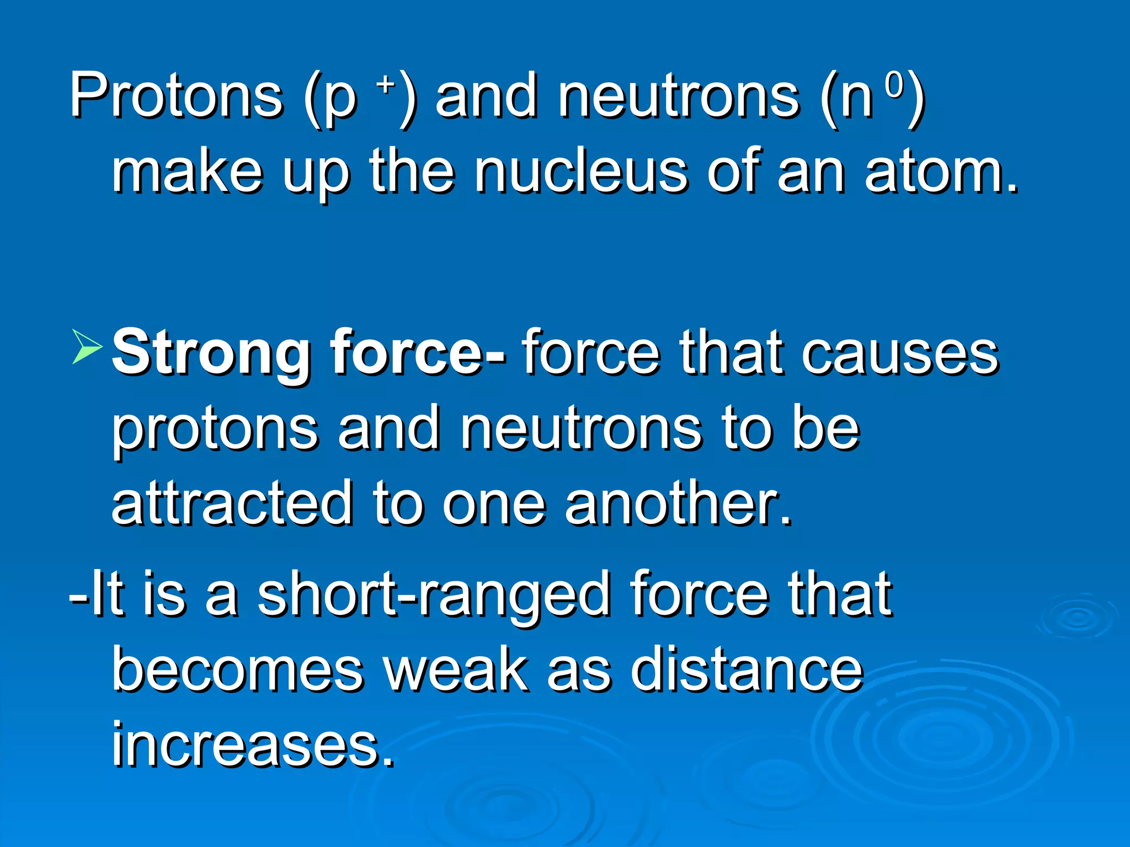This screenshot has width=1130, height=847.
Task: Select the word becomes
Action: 237,670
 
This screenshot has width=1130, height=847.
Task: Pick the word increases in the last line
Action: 253,744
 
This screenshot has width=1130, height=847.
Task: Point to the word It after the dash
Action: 106,594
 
